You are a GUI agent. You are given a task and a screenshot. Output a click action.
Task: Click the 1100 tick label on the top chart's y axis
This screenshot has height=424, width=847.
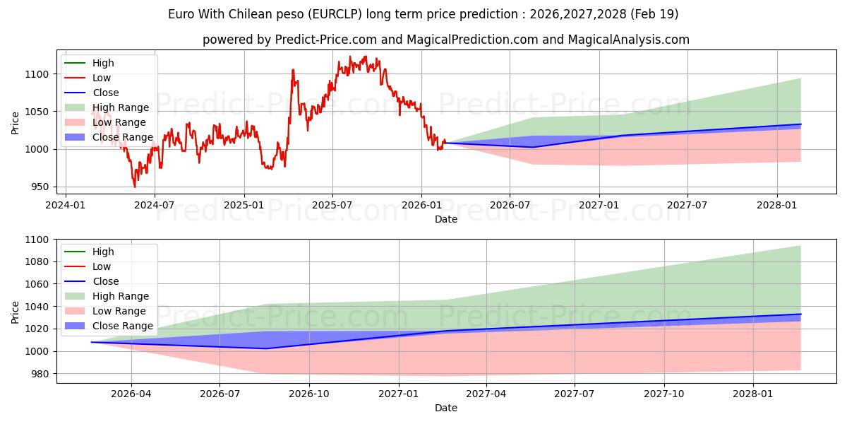(x=37, y=74)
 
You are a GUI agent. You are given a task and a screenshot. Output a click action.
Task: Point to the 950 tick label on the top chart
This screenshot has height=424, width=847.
(x=40, y=187)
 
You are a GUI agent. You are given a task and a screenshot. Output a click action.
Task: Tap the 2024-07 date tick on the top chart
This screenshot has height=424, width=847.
(x=155, y=205)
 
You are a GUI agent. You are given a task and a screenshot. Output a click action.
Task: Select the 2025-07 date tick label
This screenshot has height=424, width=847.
(x=332, y=205)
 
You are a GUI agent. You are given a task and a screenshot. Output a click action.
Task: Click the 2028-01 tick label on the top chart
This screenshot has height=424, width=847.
(x=776, y=205)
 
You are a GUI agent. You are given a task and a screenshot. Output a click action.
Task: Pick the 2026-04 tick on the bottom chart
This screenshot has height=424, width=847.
(x=131, y=394)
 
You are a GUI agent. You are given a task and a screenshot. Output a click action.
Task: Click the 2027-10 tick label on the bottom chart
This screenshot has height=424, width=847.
(x=664, y=394)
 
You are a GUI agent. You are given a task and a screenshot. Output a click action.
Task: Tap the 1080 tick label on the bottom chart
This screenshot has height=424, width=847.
(x=37, y=262)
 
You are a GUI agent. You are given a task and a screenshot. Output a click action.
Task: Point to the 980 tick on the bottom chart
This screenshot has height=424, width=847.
(x=40, y=374)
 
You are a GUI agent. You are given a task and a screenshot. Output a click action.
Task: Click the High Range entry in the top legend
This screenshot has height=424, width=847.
(x=107, y=107)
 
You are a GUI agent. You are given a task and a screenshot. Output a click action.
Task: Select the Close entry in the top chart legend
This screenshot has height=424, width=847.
(x=92, y=93)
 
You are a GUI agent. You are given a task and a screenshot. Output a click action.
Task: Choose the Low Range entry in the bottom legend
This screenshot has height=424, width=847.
(x=105, y=311)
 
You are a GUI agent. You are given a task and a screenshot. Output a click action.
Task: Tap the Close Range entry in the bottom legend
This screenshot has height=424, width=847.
(x=109, y=326)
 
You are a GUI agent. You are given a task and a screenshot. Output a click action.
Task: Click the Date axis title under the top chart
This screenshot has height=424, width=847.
(x=446, y=219)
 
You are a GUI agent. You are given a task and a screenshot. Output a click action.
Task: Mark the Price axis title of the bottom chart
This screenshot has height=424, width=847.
(x=15, y=312)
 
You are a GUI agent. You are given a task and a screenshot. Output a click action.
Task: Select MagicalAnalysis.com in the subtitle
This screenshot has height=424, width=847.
(x=628, y=40)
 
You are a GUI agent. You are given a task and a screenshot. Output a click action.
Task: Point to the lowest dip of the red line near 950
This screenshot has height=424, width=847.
(x=135, y=187)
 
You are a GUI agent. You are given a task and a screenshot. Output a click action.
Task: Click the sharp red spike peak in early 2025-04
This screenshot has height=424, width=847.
(x=293, y=70)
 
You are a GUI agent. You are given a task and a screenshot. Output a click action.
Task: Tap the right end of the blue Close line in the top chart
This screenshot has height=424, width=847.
(x=801, y=124)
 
